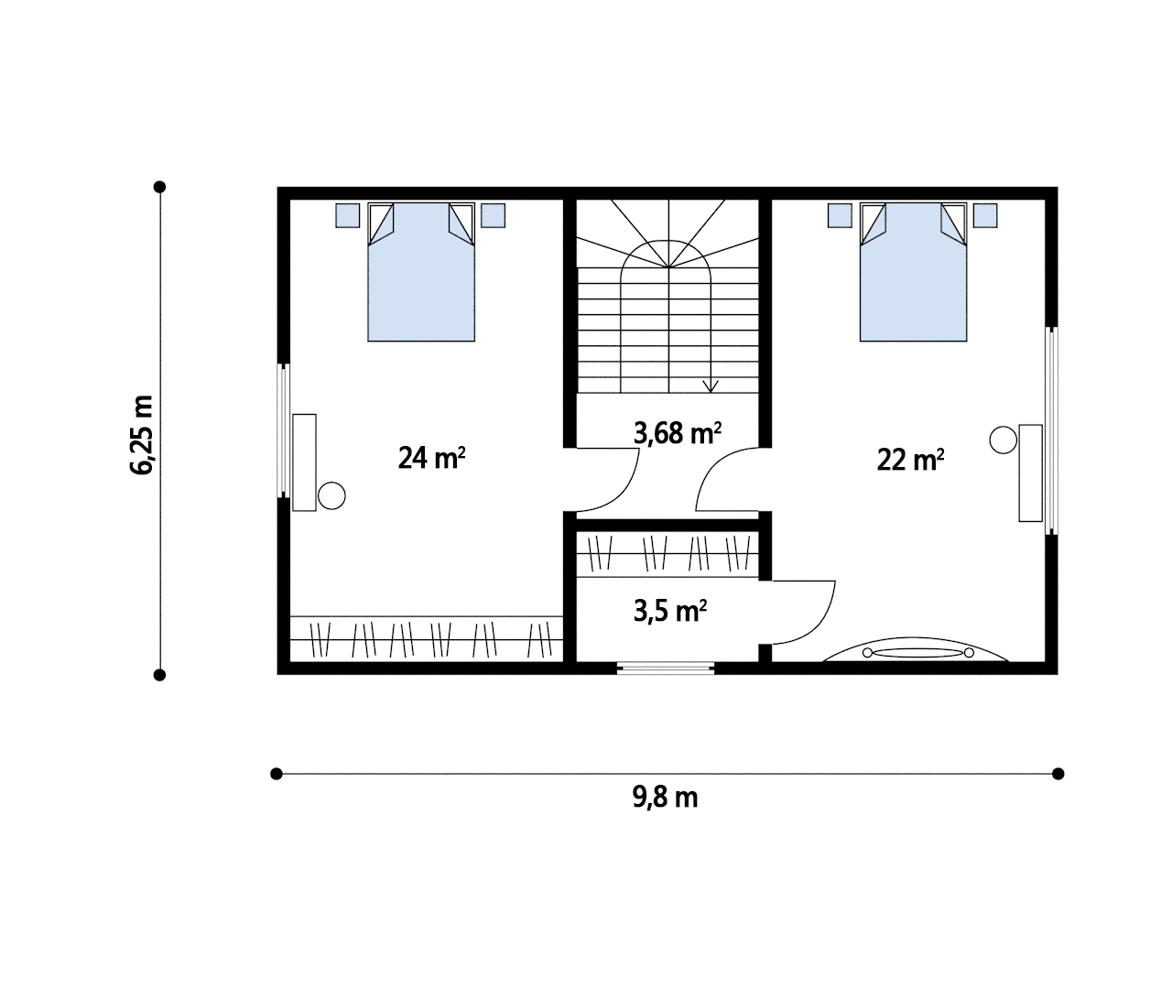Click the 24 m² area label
point(431,458)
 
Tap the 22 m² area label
point(910,461)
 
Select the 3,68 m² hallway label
point(677,433)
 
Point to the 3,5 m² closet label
point(669,611)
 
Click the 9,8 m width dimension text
point(665,798)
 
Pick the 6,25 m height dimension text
point(141,435)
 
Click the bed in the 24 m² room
point(421,272)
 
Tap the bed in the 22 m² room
point(913,272)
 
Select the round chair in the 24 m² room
point(331,495)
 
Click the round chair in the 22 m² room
point(1003,440)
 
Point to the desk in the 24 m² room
point(304,462)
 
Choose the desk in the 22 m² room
point(1031,473)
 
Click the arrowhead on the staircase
point(711,386)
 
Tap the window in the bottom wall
point(666,668)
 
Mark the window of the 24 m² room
point(284,430)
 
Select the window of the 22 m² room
point(1052,430)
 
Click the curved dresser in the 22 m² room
point(916,650)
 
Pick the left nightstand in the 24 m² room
point(347,215)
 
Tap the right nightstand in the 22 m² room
point(985,215)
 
